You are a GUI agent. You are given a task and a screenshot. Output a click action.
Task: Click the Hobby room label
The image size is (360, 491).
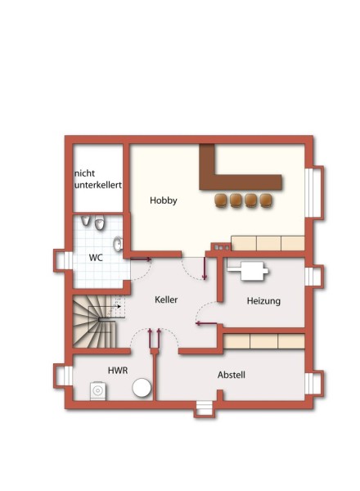coord(164,200)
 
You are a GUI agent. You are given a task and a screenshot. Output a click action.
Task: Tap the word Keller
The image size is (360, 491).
coord(166,300)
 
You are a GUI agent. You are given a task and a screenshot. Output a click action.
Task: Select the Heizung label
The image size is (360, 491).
coord(263,301)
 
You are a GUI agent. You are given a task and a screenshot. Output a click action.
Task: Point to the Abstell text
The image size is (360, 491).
coord(232,375)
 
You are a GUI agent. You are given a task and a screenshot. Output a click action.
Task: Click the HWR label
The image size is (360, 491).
coord(118,371)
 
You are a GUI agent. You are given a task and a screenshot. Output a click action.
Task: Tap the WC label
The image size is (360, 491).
coord(96,258)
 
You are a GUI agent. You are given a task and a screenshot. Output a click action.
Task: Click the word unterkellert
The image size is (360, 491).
coord(98,185)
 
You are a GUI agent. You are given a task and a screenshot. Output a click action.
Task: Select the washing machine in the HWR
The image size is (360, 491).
coord(98,391)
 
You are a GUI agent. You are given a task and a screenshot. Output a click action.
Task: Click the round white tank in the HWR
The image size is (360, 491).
coord(142,388)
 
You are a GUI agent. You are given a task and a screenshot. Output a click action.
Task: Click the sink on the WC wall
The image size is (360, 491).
coord(118,244)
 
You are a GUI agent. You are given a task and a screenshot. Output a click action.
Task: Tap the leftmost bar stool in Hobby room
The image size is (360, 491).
coord(221,200)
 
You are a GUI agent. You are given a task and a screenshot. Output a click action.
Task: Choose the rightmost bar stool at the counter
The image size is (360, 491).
coord(266,200)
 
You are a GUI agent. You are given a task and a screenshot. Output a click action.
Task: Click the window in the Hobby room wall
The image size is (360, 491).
coord(313,192)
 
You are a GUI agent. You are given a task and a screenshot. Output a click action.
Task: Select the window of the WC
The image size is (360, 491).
coord(64,260)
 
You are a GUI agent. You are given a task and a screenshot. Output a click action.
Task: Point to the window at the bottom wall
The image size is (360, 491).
coord(205,408)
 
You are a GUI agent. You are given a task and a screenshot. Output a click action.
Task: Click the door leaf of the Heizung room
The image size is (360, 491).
coord(206,323)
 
